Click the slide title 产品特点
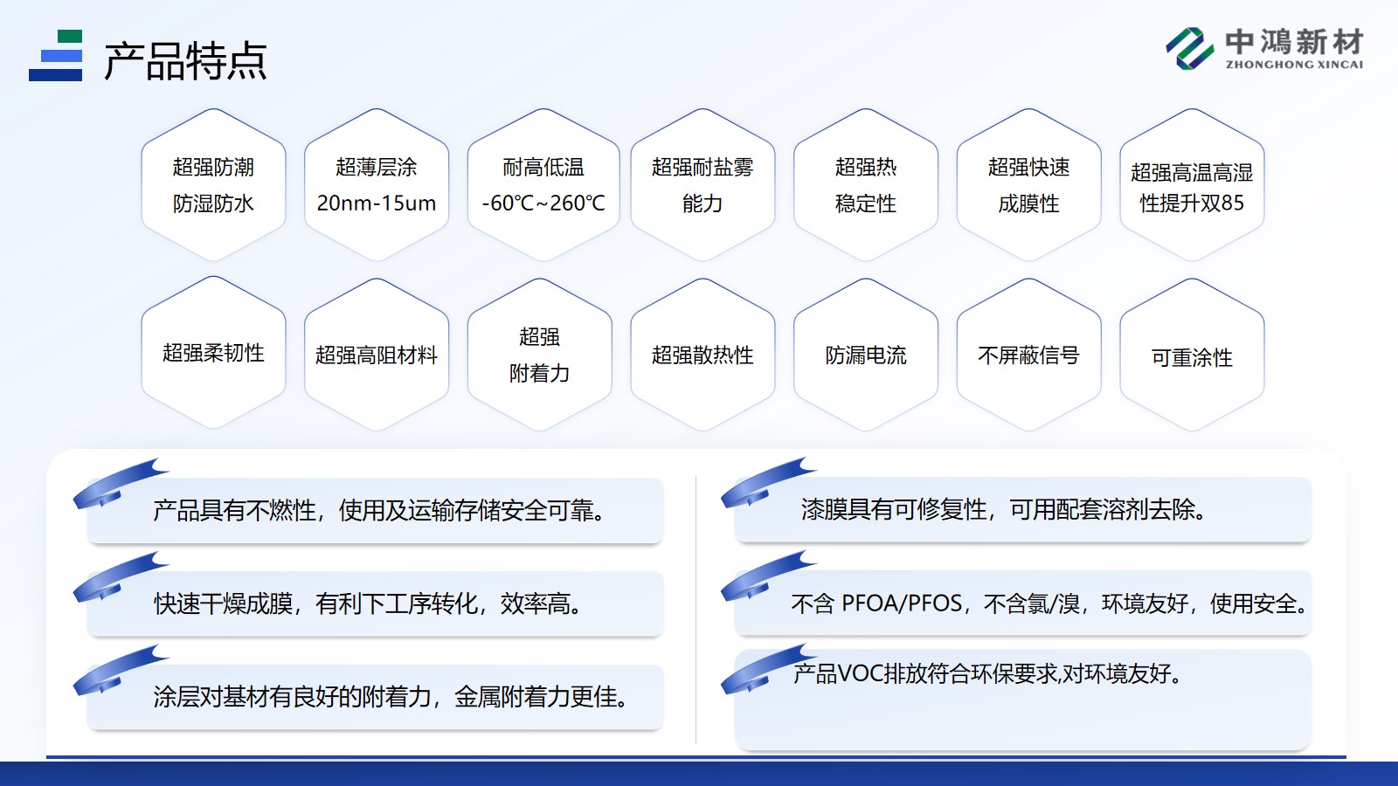[185, 61]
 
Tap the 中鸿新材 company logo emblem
[1189, 48]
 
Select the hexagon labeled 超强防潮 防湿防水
[213, 184]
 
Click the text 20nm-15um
[377, 203]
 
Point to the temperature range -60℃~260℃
[543, 203]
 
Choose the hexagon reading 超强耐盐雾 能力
[702, 184]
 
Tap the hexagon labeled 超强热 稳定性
[866, 184]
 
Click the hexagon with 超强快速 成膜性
[1028, 184]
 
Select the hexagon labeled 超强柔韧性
[213, 353]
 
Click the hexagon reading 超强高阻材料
[377, 355]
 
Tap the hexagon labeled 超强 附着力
[540, 355]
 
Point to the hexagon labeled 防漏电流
[866, 355]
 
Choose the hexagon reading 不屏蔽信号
[1028, 355]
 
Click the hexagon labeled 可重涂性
[1192, 355]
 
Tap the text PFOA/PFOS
[902, 603]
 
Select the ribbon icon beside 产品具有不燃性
[121, 484]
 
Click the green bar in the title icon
[69, 36]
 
